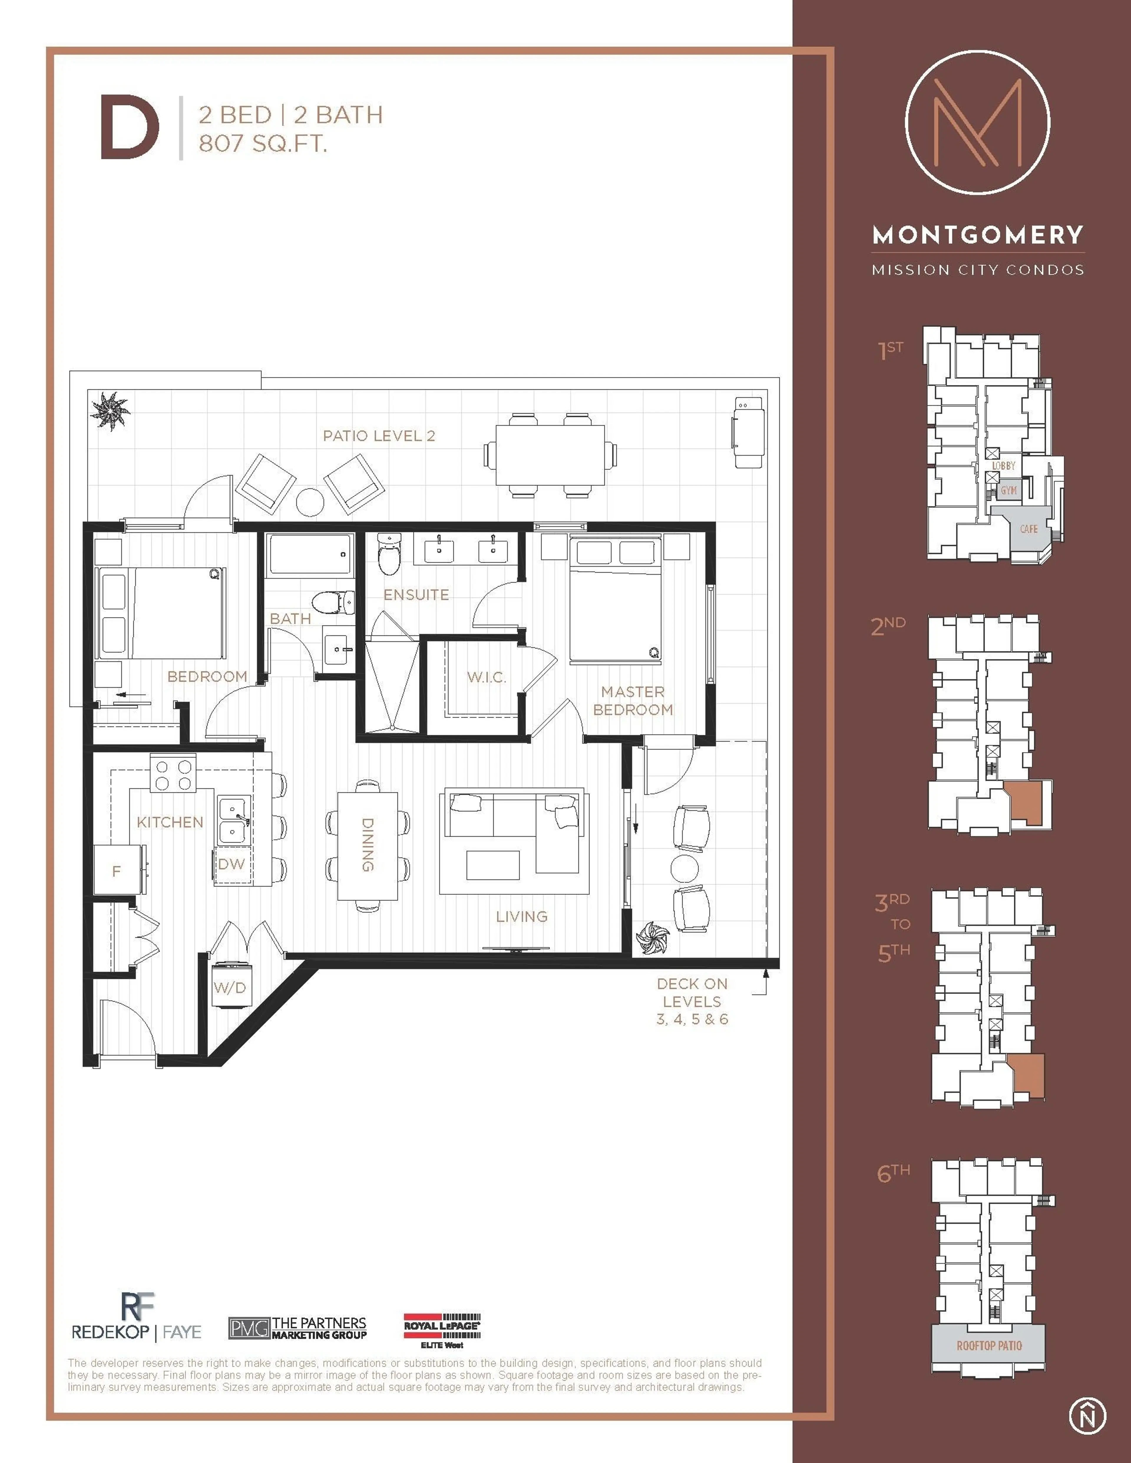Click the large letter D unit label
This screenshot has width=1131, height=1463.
point(129,127)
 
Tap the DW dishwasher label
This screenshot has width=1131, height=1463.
point(231,864)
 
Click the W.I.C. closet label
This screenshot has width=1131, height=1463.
point(487,677)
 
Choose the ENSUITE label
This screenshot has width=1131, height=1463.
point(416,595)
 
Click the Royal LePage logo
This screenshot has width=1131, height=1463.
point(442,1330)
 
